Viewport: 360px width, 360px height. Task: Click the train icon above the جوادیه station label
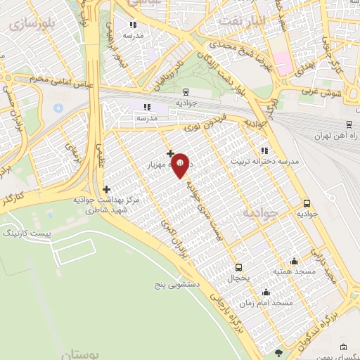pos(185,91)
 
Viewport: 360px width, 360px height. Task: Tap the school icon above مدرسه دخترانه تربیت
pos(264,150)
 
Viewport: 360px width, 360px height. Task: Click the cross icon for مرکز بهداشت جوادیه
pos(106,189)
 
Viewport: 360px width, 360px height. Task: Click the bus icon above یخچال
pos(238,267)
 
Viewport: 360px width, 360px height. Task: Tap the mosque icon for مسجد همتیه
pos(294,261)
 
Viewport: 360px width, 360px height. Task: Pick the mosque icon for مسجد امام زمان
pos(266,292)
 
